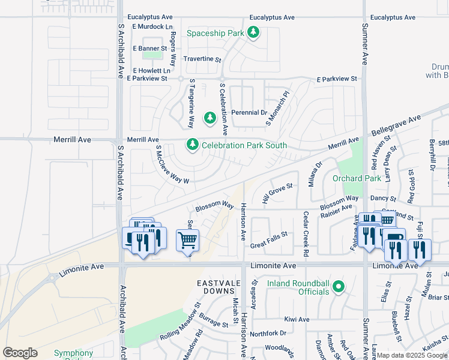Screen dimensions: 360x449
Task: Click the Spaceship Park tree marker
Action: click(253, 33)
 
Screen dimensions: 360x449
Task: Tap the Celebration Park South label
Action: click(244, 145)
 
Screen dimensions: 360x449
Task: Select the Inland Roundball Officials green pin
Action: click(339, 287)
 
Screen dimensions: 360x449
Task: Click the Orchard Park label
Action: click(356, 178)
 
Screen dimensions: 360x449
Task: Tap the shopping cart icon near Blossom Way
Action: click(187, 241)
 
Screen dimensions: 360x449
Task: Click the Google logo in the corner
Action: click(20, 353)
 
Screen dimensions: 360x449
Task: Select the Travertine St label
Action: click(202, 60)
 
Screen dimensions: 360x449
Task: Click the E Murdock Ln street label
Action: click(152, 27)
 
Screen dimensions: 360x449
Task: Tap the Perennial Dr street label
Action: click(251, 112)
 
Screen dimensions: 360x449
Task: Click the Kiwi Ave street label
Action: click(297, 320)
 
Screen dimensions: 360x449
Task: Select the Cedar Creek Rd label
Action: click(306, 226)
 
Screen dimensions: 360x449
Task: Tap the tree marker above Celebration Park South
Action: click(210, 117)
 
